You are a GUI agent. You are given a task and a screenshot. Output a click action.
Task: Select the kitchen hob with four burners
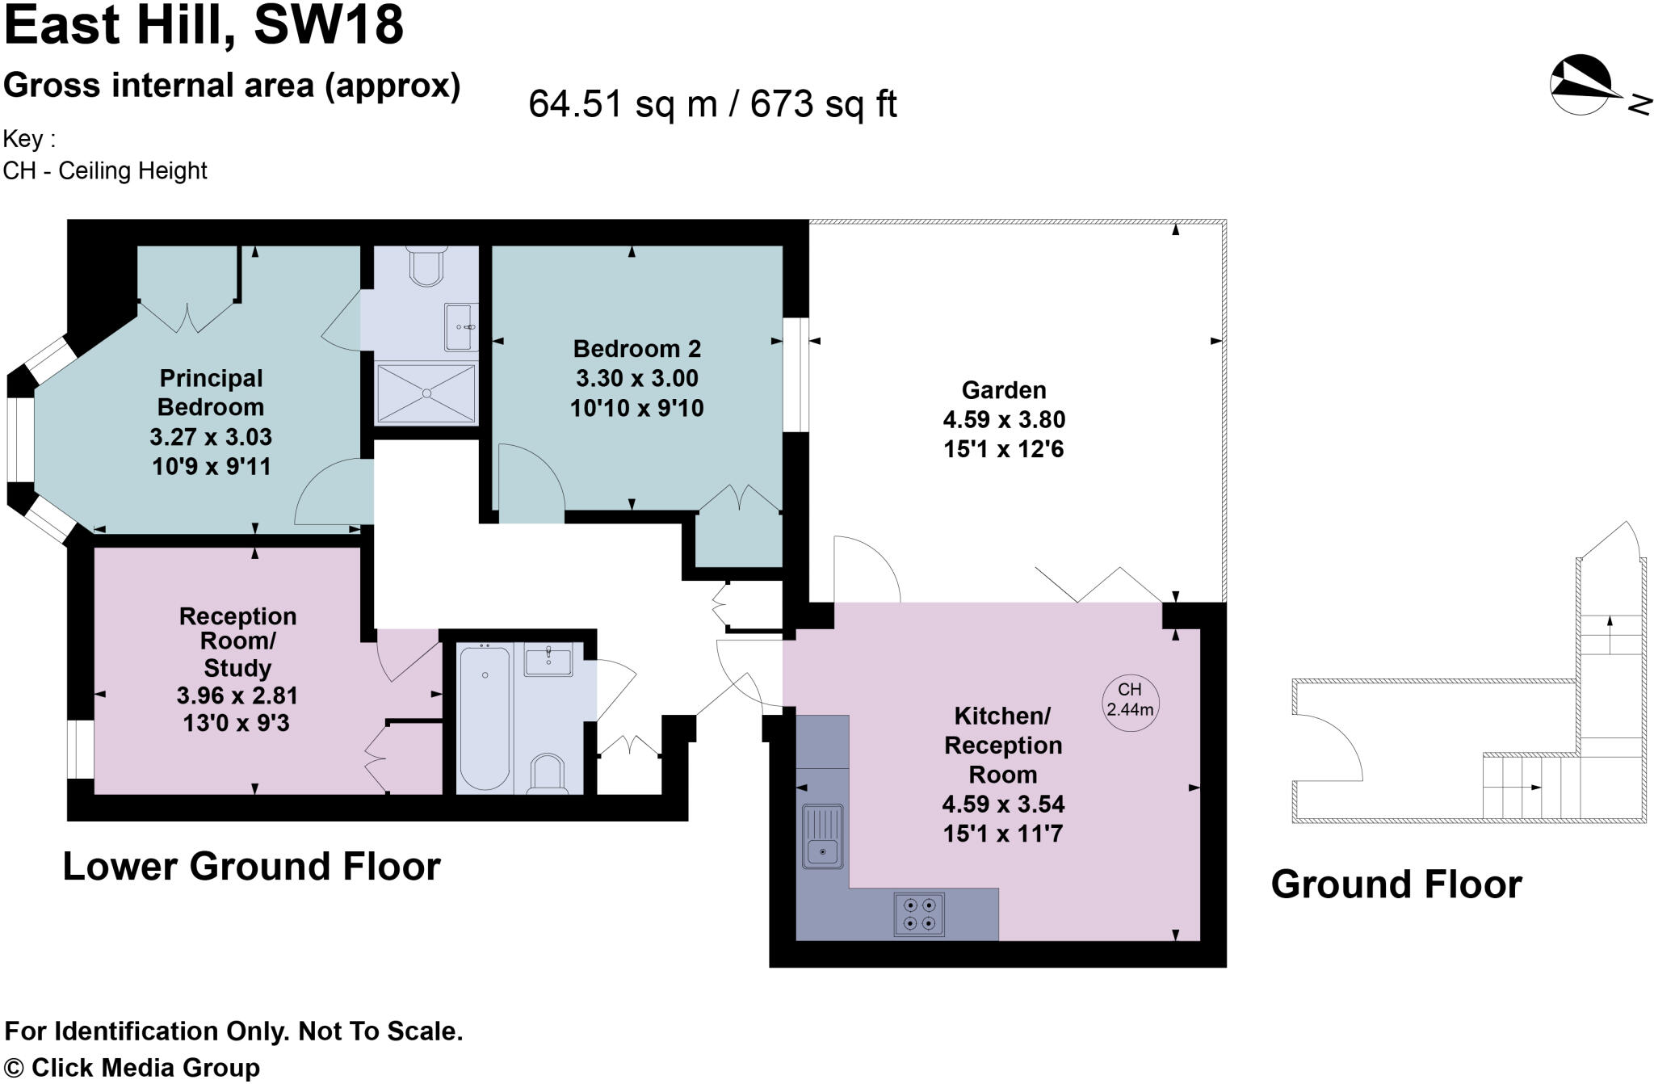point(919,914)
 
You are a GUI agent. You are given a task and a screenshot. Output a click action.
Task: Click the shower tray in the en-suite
point(426,393)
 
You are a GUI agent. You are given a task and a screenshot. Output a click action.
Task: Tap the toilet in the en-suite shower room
point(426,267)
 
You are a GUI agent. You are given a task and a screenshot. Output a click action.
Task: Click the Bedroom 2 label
point(637,349)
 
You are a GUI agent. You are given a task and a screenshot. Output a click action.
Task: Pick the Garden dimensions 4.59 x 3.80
point(1004,420)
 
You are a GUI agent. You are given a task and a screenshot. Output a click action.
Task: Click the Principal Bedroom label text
point(211,393)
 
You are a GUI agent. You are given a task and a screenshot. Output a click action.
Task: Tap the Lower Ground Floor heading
point(251,867)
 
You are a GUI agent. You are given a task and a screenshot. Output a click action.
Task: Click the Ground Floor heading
point(1396,884)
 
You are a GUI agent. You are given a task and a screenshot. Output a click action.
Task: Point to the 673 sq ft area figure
point(823,104)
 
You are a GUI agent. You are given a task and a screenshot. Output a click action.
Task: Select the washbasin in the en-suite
point(461,327)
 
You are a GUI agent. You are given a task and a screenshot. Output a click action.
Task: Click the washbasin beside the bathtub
point(548,662)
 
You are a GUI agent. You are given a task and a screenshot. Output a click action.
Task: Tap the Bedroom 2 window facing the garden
point(796,374)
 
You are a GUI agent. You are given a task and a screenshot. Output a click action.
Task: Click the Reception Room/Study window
point(80,749)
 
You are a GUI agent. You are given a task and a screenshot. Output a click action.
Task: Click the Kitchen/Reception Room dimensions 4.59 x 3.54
point(1003,805)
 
